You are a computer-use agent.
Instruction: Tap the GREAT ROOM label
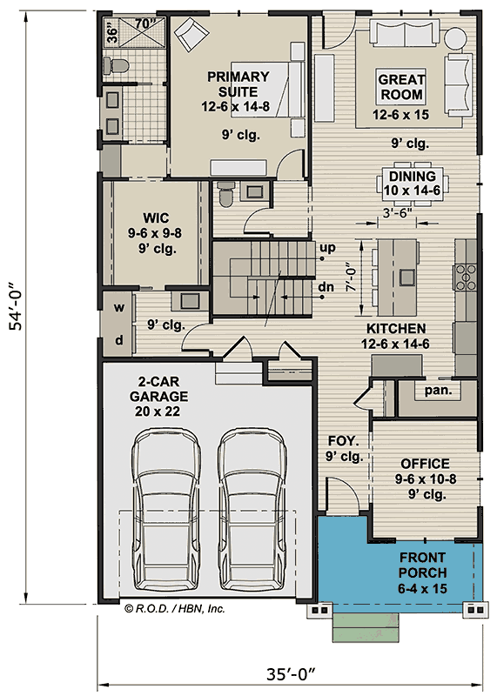click(400, 87)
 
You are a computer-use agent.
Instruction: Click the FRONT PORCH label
click(422, 565)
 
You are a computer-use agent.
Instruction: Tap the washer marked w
click(118, 307)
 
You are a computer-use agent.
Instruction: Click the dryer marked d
click(118, 340)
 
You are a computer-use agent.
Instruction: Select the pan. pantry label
click(438, 391)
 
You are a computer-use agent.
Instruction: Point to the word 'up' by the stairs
click(328, 248)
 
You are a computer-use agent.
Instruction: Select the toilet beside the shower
click(114, 65)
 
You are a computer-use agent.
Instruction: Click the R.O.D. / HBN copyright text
click(175, 609)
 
